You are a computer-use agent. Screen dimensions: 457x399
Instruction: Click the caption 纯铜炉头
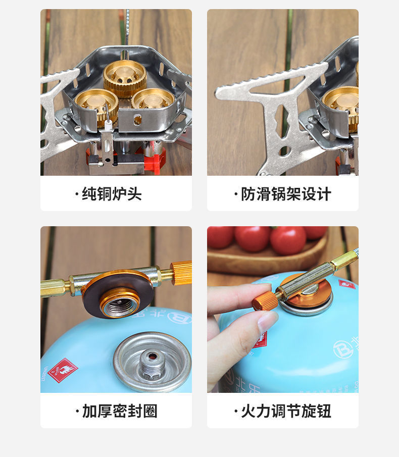pyautogui.click(x=112, y=194)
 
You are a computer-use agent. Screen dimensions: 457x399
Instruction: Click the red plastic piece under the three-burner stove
pyautogui.click(x=155, y=160)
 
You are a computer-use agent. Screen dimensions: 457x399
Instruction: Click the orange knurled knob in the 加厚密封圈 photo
pyautogui.click(x=181, y=273)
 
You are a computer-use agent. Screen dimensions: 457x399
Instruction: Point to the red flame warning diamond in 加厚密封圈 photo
pyautogui.click(x=62, y=370)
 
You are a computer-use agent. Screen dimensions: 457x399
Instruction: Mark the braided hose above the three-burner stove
pyautogui.click(x=126, y=25)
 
